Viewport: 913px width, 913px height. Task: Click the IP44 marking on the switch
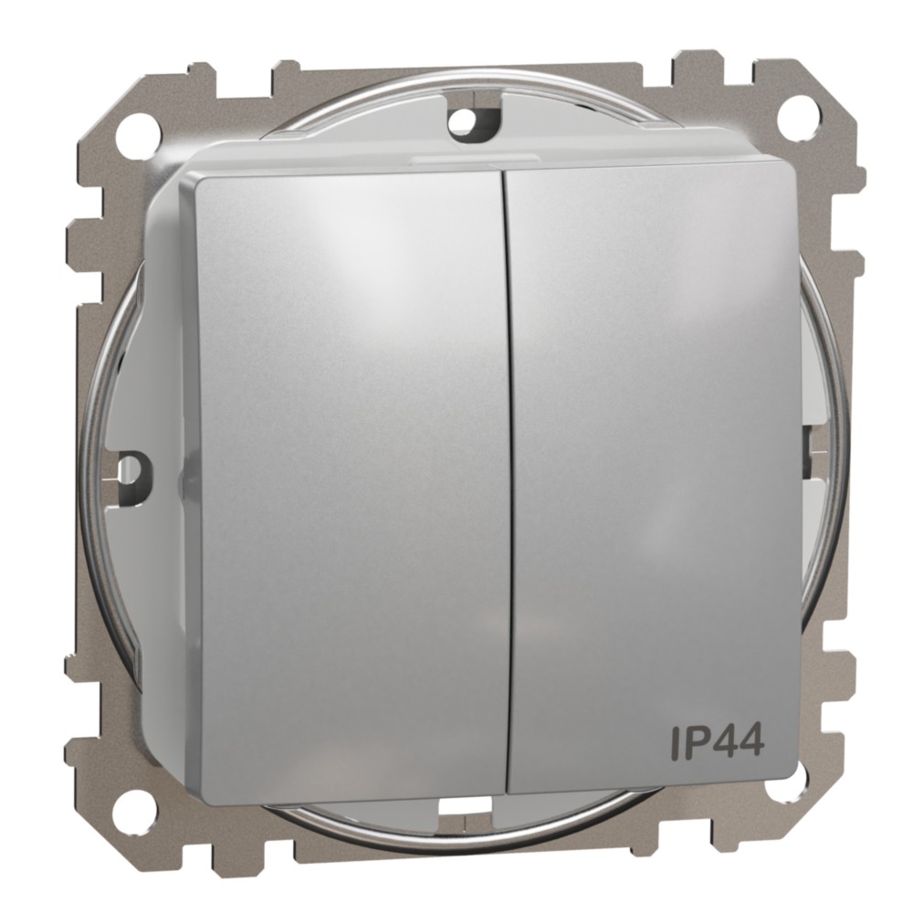point(717,742)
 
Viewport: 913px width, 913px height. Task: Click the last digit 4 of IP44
point(751,742)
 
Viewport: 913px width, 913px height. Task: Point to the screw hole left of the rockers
point(131,467)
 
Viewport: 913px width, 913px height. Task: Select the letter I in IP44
point(676,742)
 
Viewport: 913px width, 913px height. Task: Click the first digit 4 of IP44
point(724,742)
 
